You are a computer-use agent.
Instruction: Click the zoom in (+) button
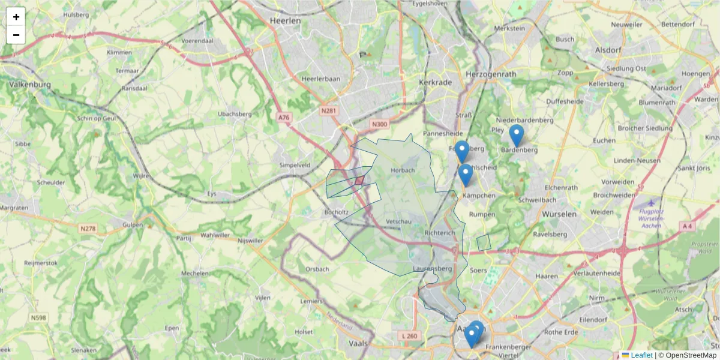click(16, 17)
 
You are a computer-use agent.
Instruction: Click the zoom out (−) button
click(16, 35)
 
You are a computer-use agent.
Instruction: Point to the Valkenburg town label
click(29, 85)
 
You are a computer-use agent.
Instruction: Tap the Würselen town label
click(559, 214)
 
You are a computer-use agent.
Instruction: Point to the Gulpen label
click(133, 225)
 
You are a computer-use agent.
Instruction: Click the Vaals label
click(358, 344)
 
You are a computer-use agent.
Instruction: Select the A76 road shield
click(284, 118)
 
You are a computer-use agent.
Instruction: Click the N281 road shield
click(328, 111)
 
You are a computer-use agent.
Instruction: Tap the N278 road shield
click(88, 229)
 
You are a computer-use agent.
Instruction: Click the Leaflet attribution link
click(641, 355)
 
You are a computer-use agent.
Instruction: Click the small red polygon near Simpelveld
click(359, 180)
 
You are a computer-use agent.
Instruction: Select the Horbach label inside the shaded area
click(403, 170)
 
